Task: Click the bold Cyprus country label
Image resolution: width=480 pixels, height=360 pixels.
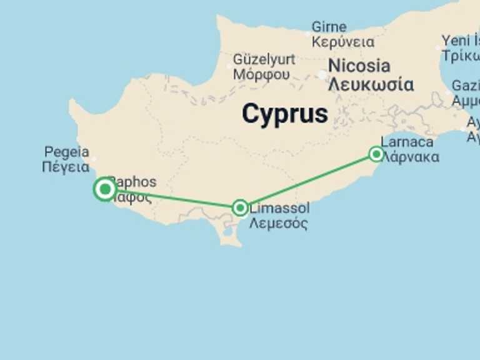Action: click(x=284, y=114)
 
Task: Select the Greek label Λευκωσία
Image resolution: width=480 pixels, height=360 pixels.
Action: click(x=371, y=84)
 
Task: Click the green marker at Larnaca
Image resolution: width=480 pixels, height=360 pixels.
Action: click(x=376, y=154)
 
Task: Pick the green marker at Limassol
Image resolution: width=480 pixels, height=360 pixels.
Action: click(x=240, y=207)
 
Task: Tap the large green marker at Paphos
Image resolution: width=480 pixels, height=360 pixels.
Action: click(x=104, y=189)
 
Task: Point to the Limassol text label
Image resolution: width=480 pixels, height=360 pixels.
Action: click(x=279, y=207)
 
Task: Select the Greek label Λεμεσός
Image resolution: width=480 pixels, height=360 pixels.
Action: click(x=278, y=223)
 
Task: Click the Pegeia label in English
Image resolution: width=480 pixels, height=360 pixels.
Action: click(x=66, y=152)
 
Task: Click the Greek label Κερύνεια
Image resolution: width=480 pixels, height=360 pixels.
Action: click(x=342, y=42)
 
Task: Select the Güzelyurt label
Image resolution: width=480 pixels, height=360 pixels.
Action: click(x=264, y=59)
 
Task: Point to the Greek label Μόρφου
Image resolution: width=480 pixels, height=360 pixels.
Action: click(x=261, y=74)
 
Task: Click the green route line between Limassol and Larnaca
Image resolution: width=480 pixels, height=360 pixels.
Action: click(x=307, y=181)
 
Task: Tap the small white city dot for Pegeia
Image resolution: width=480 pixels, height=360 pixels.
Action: click(x=93, y=159)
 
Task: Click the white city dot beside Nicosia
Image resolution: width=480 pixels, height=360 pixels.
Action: click(x=322, y=75)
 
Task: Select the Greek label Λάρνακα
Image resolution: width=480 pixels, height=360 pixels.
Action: click(x=409, y=157)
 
